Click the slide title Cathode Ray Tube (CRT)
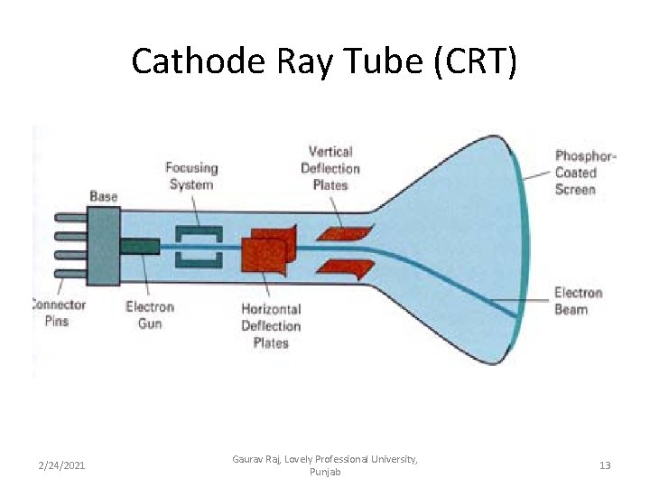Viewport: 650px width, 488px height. pos(324,61)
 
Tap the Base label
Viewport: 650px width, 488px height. pos(104,196)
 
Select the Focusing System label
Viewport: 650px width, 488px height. pos(191,176)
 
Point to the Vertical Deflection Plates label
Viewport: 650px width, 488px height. pos(330,168)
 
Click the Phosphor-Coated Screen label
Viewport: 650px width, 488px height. pos(586,173)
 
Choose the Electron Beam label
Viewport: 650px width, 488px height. pos(577,301)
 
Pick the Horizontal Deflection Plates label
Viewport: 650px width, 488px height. pos(271,325)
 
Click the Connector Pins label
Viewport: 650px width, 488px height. pos(59,313)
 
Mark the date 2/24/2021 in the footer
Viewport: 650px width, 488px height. pos(61,465)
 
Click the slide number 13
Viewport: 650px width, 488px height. pos(605,465)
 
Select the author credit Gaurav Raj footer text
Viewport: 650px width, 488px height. pos(324,465)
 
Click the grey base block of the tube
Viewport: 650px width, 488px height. pos(104,245)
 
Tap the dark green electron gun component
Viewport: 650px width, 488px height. pos(139,246)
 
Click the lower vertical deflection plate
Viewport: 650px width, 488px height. pos(345,269)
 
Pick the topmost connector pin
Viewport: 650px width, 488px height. pos(71,218)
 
